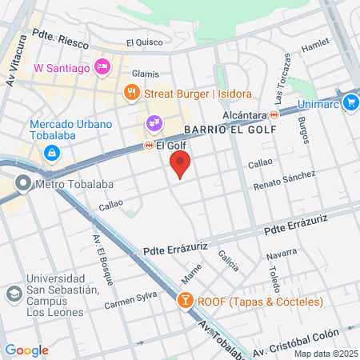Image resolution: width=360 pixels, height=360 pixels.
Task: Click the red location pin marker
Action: (x=180, y=165)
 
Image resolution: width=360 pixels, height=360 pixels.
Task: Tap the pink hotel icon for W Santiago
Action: (x=102, y=67)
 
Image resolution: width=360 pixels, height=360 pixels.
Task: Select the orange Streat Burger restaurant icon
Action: (x=131, y=94)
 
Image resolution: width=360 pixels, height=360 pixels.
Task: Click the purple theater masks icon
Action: (x=154, y=124)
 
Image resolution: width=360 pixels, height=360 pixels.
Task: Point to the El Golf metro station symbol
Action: (x=149, y=146)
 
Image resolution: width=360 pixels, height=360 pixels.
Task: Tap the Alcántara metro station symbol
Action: (x=274, y=114)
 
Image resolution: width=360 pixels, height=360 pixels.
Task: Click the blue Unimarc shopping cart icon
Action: (x=350, y=102)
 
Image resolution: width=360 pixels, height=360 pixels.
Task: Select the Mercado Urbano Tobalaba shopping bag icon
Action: (x=51, y=152)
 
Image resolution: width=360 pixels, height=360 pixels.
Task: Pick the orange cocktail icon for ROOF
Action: (x=184, y=302)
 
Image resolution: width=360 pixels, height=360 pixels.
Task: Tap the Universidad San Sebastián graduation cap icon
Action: (x=14, y=294)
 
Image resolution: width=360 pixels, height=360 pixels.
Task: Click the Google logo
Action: (x=27, y=350)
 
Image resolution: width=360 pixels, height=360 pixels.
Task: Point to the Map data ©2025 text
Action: (x=325, y=354)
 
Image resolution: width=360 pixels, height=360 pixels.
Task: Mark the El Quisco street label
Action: (x=143, y=42)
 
